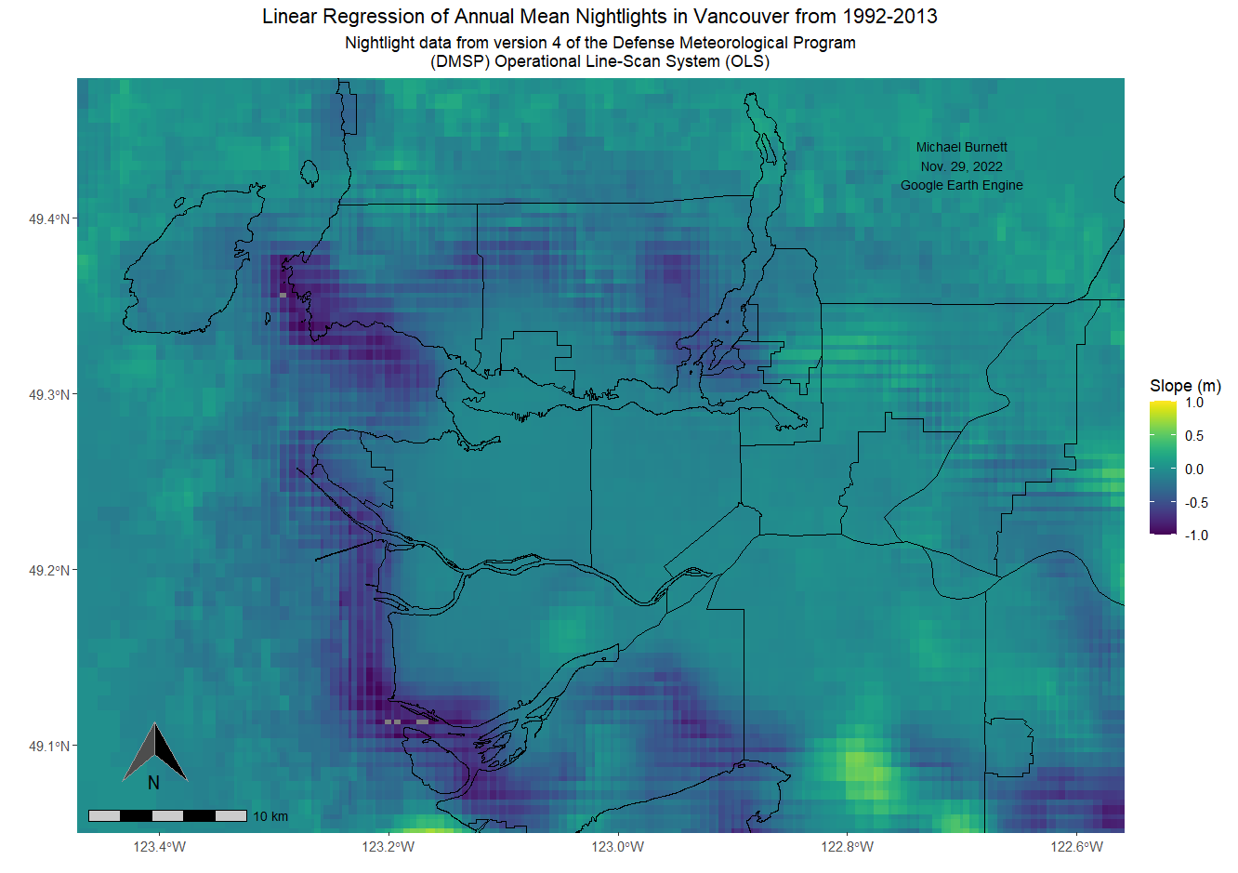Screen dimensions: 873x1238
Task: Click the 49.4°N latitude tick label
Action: coord(48,219)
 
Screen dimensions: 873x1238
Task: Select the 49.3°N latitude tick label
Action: coord(48,395)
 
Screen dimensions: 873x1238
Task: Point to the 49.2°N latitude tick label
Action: coord(48,571)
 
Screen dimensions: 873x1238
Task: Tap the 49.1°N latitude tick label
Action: coord(48,747)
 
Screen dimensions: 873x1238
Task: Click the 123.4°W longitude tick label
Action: coord(159,847)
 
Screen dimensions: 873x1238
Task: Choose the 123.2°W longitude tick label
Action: coord(389,847)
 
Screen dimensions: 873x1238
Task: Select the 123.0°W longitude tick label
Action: coord(618,847)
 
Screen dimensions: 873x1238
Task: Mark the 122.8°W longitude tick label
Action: coord(847,847)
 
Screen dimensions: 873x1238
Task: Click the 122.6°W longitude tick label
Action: coord(1076,847)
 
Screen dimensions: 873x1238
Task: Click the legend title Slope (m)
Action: coord(1185,386)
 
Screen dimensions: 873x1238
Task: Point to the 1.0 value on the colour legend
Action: coord(1194,403)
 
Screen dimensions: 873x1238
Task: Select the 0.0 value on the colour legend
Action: coord(1194,470)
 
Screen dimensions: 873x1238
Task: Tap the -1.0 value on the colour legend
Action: coord(1196,536)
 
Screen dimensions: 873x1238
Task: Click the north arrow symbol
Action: coord(155,753)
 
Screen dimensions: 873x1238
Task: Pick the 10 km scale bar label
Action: coord(270,817)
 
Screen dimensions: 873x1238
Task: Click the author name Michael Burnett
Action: coord(961,147)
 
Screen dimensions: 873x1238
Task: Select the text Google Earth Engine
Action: coord(961,185)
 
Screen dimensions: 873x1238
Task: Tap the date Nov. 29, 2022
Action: coord(961,166)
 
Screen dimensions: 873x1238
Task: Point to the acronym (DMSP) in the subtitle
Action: coord(460,61)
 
